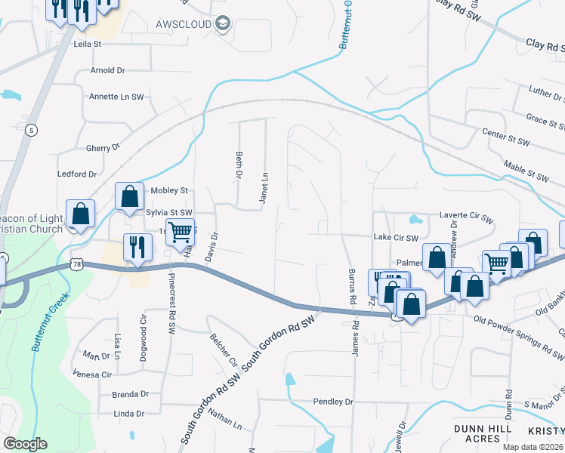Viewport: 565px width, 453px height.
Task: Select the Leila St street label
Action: coord(87,45)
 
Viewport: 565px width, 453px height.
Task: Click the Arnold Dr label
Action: coord(107,70)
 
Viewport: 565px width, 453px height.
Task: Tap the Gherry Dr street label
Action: coord(103,149)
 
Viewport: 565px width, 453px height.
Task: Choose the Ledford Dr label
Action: coord(78,174)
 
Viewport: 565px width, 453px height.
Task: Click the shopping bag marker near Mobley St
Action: coord(129,196)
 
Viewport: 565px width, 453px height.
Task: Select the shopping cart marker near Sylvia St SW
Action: coord(180,232)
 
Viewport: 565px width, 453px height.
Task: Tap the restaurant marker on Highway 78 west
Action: coord(137,247)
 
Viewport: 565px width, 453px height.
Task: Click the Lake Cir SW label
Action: coord(396,238)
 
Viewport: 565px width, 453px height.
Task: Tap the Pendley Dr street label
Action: coord(333,402)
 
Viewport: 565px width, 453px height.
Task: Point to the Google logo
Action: coord(25,444)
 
